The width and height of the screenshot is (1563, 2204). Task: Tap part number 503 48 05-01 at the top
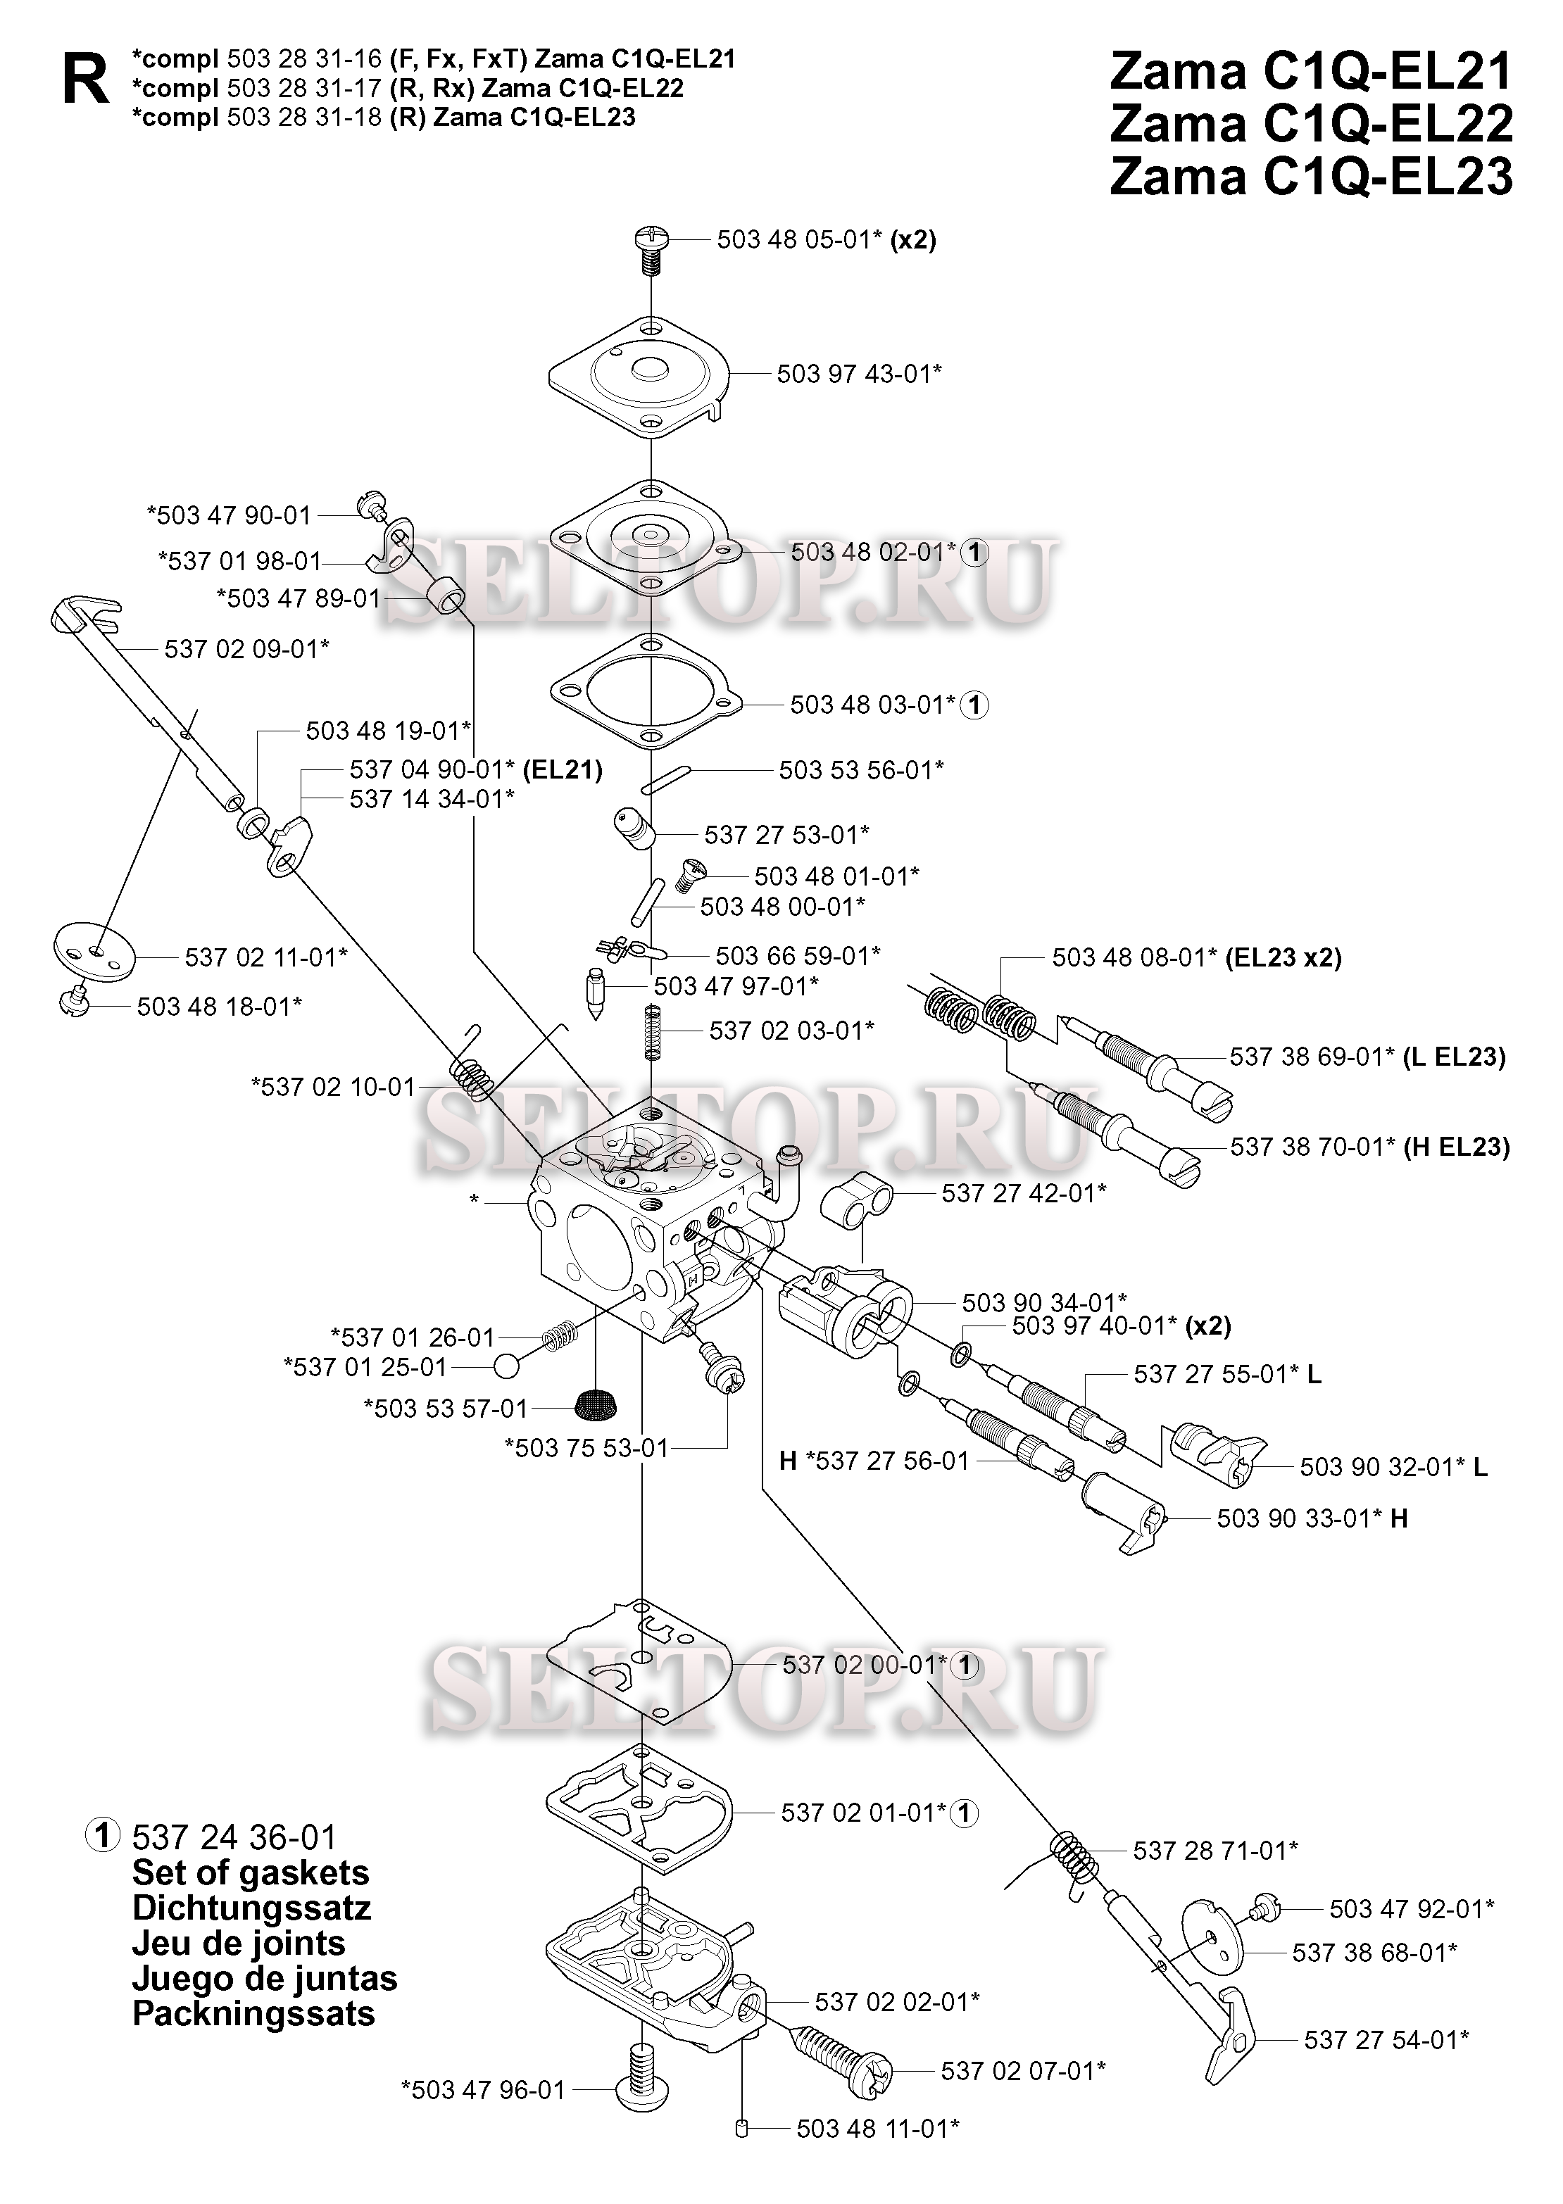click(799, 239)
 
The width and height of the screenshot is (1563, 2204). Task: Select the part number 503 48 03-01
click(872, 705)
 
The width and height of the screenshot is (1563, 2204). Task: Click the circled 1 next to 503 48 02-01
click(975, 552)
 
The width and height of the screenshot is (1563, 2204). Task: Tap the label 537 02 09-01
click(246, 649)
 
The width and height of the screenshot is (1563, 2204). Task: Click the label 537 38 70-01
click(1312, 1147)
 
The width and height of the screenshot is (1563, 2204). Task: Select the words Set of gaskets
click(250, 1872)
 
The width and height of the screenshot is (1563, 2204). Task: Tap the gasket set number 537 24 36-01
click(234, 1837)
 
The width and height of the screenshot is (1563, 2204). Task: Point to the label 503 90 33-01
click(1299, 1518)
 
